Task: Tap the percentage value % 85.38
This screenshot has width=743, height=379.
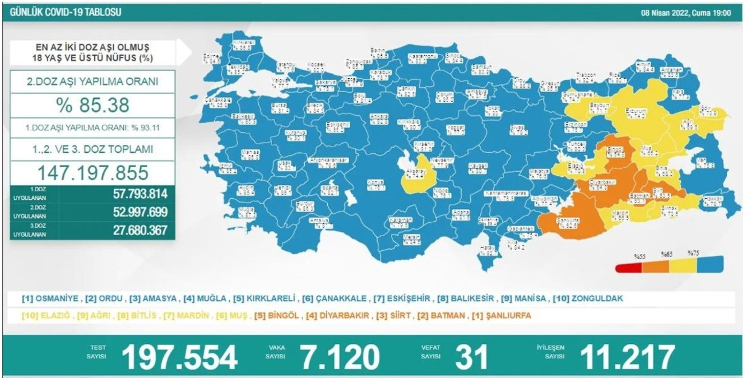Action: [92, 105]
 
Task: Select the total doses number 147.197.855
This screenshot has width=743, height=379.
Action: [92, 172]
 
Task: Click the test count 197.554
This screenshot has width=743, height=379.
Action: [179, 357]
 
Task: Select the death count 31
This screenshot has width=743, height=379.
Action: [471, 357]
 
